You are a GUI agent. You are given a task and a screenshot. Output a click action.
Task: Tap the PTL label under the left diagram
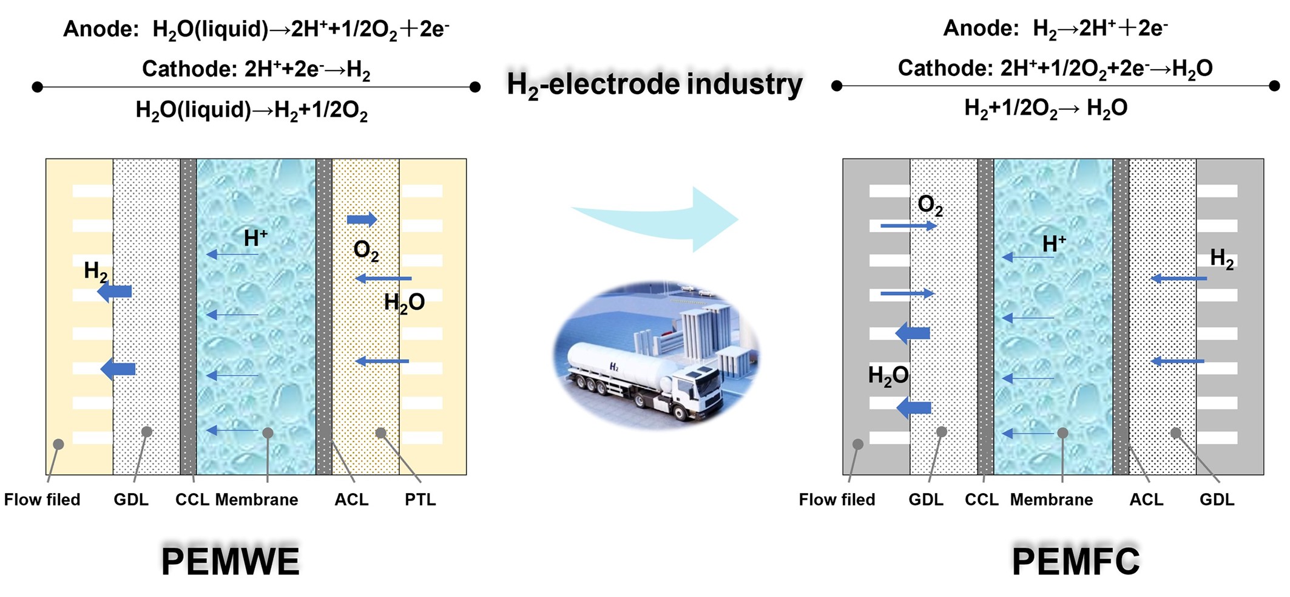tap(420, 499)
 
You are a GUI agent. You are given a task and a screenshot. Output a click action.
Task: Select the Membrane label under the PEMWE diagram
tap(257, 499)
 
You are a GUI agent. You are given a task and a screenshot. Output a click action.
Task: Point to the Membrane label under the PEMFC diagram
tap(1051, 499)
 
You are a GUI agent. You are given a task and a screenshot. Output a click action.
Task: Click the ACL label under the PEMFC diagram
tap(1146, 499)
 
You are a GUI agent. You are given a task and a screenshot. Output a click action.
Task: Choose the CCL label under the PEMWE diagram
tap(192, 499)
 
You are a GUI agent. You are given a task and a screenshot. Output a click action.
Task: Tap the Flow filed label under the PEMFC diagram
tap(837, 499)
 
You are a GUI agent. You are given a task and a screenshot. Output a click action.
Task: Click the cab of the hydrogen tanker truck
tap(698, 389)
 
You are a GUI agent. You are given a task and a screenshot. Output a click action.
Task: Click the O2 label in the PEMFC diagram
tap(930, 205)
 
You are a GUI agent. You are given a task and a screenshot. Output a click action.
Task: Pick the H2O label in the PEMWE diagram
tap(404, 302)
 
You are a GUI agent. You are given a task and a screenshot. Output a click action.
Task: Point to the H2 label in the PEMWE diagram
tap(96, 271)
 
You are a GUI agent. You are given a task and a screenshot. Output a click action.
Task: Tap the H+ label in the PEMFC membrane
tap(1054, 244)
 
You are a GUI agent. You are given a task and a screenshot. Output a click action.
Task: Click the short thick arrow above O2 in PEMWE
tap(362, 219)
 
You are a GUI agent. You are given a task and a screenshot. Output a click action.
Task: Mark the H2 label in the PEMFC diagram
tap(1221, 259)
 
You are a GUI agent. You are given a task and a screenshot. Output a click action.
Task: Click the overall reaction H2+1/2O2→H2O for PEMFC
tap(1045, 108)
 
